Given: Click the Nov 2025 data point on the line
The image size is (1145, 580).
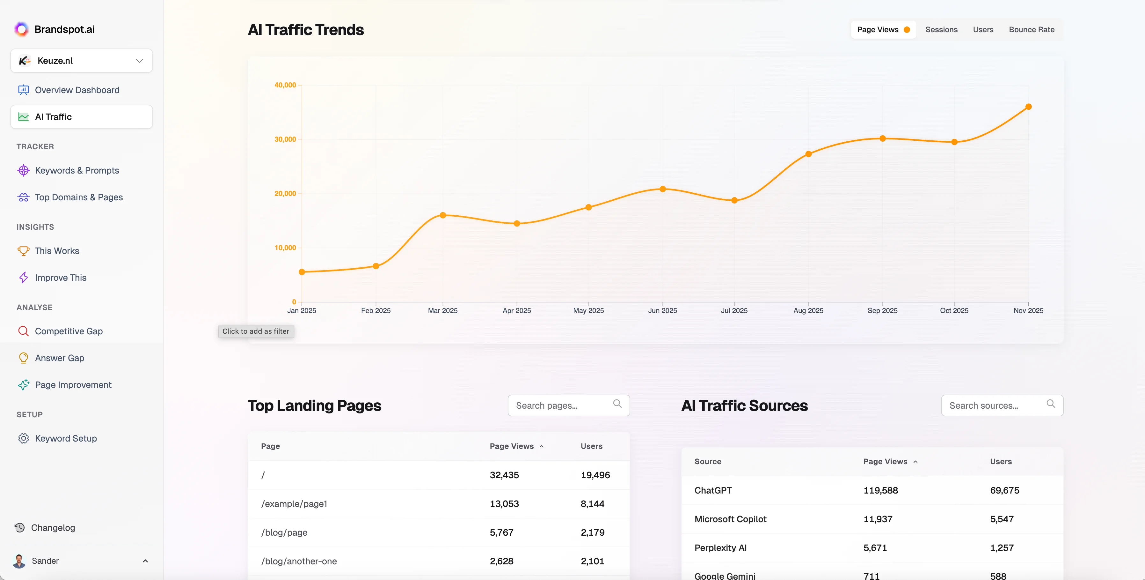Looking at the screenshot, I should point(1028,107).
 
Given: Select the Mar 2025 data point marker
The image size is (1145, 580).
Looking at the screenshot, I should point(443,215).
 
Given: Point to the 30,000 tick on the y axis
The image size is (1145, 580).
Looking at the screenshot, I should point(285,139).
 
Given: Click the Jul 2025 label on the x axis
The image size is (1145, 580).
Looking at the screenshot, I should point(734,310).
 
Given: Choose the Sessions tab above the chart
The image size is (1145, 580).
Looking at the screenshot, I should point(941,30).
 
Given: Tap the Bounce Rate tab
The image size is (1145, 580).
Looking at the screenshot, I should point(1031,30).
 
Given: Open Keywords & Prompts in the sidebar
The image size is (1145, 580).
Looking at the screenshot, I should point(77,170).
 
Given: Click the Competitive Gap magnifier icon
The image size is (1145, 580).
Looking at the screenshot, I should point(23,331).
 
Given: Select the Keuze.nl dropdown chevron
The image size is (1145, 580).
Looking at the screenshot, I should point(140,61).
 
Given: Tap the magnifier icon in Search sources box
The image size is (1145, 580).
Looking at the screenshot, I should point(1050,404).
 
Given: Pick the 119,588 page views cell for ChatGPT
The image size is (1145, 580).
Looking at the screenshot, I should point(880,490).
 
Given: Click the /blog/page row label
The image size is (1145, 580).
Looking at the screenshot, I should point(284,532).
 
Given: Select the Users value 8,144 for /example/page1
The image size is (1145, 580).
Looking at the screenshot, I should point(592,503).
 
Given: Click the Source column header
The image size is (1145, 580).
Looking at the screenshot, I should point(708,462).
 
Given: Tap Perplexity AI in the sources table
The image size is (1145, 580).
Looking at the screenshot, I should point(720,547).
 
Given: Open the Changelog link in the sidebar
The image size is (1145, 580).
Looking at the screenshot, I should point(53,527).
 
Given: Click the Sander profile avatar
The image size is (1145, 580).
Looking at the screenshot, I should point(19,561).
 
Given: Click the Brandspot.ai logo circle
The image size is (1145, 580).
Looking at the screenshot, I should point(21,29).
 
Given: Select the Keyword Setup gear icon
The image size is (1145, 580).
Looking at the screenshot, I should point(23,438).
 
